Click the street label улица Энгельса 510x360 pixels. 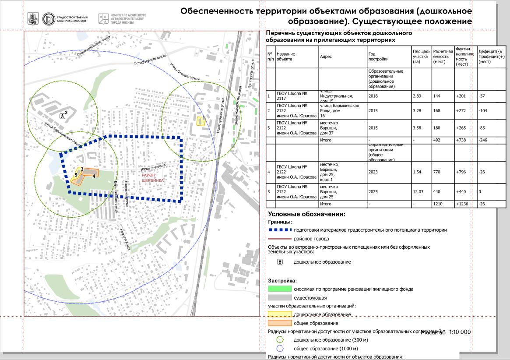(x=153, y=168)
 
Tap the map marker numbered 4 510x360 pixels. (x=94, y=176)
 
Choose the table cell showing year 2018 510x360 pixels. (x=373, y=96)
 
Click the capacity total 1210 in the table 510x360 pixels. (x=438, y=204)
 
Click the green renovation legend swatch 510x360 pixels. (x=279, y=289)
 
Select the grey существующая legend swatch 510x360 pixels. (x=279, y=297)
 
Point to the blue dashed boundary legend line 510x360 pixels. (x=279, y=229)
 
